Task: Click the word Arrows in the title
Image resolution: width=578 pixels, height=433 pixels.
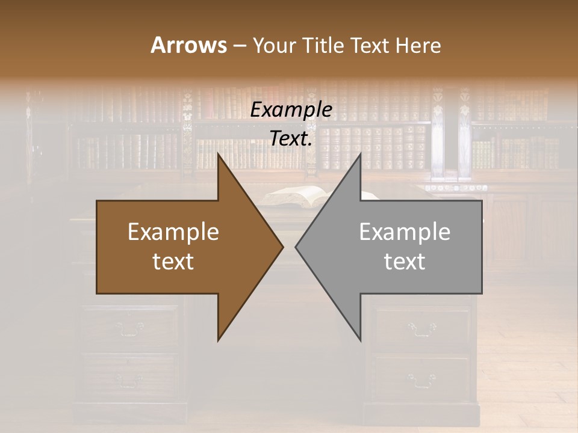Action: point(188,45)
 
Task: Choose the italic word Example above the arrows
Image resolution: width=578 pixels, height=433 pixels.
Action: point(291,109)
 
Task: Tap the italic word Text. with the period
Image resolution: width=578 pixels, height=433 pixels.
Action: point(291,138)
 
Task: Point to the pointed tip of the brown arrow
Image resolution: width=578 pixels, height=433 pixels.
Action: point(282,247)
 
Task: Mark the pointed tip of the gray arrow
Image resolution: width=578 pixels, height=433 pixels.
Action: point(296,247)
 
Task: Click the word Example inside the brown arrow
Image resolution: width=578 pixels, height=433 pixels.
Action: point(173,232)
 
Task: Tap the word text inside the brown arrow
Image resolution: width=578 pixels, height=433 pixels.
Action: point(173,262)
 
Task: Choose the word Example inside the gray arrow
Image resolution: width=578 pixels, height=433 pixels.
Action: point(405,232)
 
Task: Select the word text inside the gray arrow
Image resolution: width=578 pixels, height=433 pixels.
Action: point(405,262)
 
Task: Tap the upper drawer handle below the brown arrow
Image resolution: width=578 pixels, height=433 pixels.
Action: point(130,328)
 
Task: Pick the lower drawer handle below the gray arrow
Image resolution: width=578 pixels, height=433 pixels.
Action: point(421,379)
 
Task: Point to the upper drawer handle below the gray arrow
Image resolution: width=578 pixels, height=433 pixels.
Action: point(421,328)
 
